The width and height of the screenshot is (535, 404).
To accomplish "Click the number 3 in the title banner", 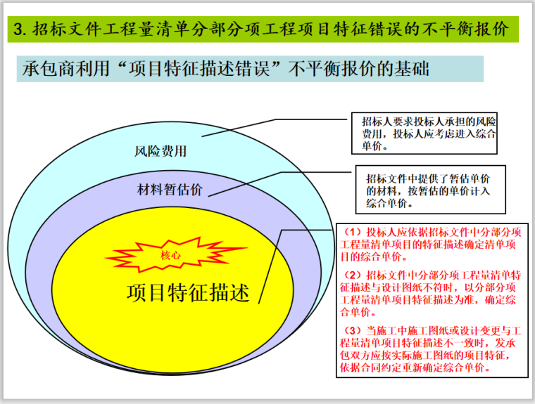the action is pyautogui.click(x=20, y=30).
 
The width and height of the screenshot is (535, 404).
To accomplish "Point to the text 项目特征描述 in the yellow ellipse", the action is pyautogui.click(x=188, y=292).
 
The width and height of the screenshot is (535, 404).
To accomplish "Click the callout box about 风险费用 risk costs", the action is pyautogui.click(x=424, y=133).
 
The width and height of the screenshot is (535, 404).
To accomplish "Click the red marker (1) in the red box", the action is pyautogui.click(x=350, y=231).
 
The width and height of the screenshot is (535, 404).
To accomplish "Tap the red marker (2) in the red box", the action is pyautogui.click(x=350, y=274).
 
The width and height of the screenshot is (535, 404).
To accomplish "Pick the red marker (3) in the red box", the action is pyautogui.click(x=350, y=330).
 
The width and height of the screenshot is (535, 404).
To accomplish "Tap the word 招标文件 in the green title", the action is pyautogui.click(x=63, y=30).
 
